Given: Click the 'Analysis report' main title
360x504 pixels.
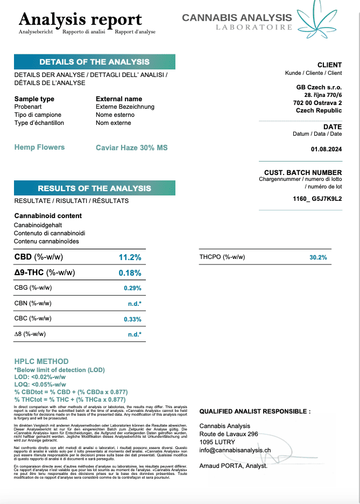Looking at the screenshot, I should click(80, 19).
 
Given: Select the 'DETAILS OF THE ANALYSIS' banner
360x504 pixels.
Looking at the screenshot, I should click(94, 62).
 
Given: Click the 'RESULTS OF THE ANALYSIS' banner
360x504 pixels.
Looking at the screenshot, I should click(94, 188).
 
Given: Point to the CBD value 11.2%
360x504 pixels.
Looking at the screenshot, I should click(130, 257).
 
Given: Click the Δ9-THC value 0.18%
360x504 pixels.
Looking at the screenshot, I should click(130, 273).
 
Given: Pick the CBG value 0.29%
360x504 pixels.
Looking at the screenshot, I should click(132, 288).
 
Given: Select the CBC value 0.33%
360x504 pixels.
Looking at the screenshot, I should click(132, 319).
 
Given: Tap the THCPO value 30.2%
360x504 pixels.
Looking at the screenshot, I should click(318, 257).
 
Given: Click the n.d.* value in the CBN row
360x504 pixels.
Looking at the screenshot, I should click(134, 304).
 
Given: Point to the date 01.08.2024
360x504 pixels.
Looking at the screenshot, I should click(326, 149).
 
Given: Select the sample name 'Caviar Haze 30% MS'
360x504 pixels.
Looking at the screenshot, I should click(131, 148).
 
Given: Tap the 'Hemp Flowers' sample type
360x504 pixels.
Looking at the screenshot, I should click(39, 147).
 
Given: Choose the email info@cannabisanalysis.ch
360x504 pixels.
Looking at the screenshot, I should click(235, 450).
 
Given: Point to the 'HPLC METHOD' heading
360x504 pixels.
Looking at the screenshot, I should click(41, 361).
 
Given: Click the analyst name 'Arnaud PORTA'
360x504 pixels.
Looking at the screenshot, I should click(222, 465).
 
